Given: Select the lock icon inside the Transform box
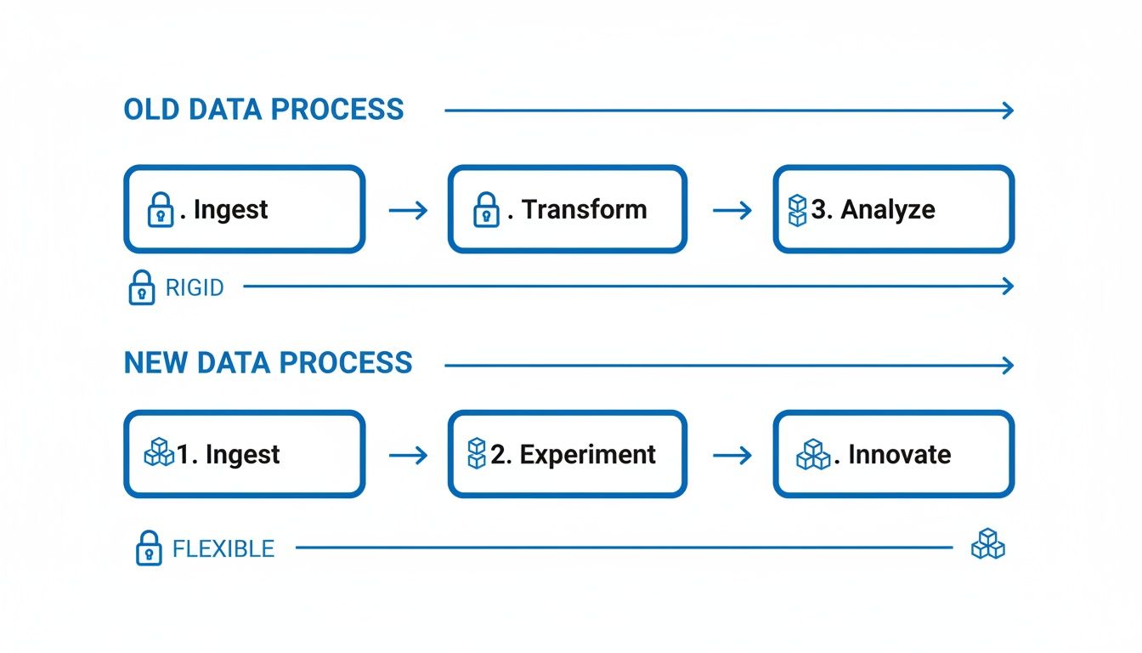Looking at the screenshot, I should [x=485, y=210].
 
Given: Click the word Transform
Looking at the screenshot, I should [x=584, y=209].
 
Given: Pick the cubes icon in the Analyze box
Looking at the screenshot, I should [x=797, y=210].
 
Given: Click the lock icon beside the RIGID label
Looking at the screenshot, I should [x=141, y=287].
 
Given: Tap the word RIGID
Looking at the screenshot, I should [x=195, y=287].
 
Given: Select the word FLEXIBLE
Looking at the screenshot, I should [x=223, y=548].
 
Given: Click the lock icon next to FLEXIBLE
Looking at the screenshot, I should [x=148, y=548].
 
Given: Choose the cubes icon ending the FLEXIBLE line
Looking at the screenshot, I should [x=987, y=544].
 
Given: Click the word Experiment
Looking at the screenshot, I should [x=587, y=455].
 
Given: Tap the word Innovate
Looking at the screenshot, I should [x=899, y=455].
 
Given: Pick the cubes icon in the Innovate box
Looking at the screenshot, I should [x=813, y=455].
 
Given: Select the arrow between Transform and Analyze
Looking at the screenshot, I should [x=732, y=210].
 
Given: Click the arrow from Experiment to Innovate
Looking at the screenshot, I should [x=732, y=456].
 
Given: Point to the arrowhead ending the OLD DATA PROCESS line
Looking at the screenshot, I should [x=1008, y=110].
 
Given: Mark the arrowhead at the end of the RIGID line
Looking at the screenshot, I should [x=1008, y=287].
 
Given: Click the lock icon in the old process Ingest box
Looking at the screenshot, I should [x=161, y=210].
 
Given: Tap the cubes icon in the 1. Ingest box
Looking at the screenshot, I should [x=159, y=454].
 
